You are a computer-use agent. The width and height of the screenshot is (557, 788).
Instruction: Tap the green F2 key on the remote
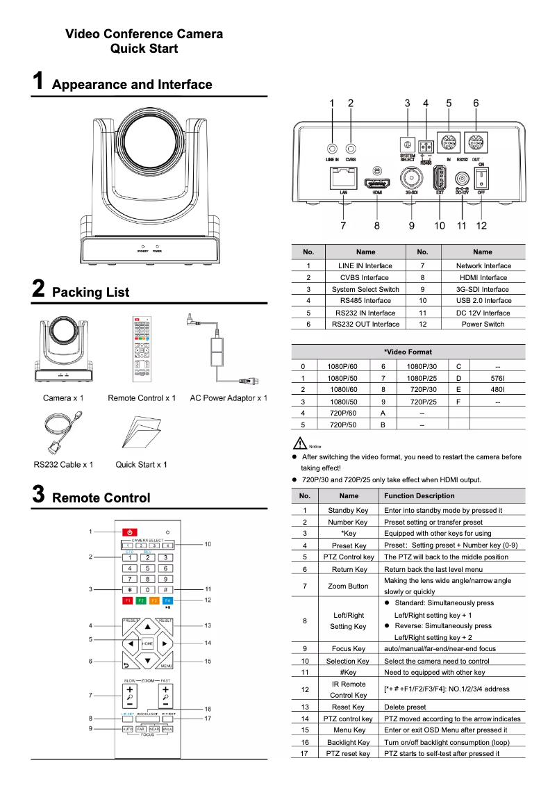(141, 600)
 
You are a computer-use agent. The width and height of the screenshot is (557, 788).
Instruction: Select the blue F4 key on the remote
(167, 600)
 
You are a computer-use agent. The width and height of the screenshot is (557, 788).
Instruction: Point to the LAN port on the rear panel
(343, 179)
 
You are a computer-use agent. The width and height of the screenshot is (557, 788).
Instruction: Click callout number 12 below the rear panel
(481, 225)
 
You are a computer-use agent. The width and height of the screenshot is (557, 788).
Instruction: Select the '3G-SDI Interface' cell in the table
(482, 289)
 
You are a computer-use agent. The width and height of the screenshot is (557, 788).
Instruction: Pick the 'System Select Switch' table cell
(365, 289)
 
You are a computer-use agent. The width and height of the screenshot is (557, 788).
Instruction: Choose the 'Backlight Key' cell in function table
(349, 742)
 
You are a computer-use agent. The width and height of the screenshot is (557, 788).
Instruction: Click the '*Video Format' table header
(408, 352)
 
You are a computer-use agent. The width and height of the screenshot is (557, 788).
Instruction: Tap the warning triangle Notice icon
(301, 443)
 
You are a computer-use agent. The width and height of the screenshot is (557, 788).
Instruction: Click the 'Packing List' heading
(90, 292)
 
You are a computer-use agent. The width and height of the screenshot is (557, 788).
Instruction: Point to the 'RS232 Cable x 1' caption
(63, 464)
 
